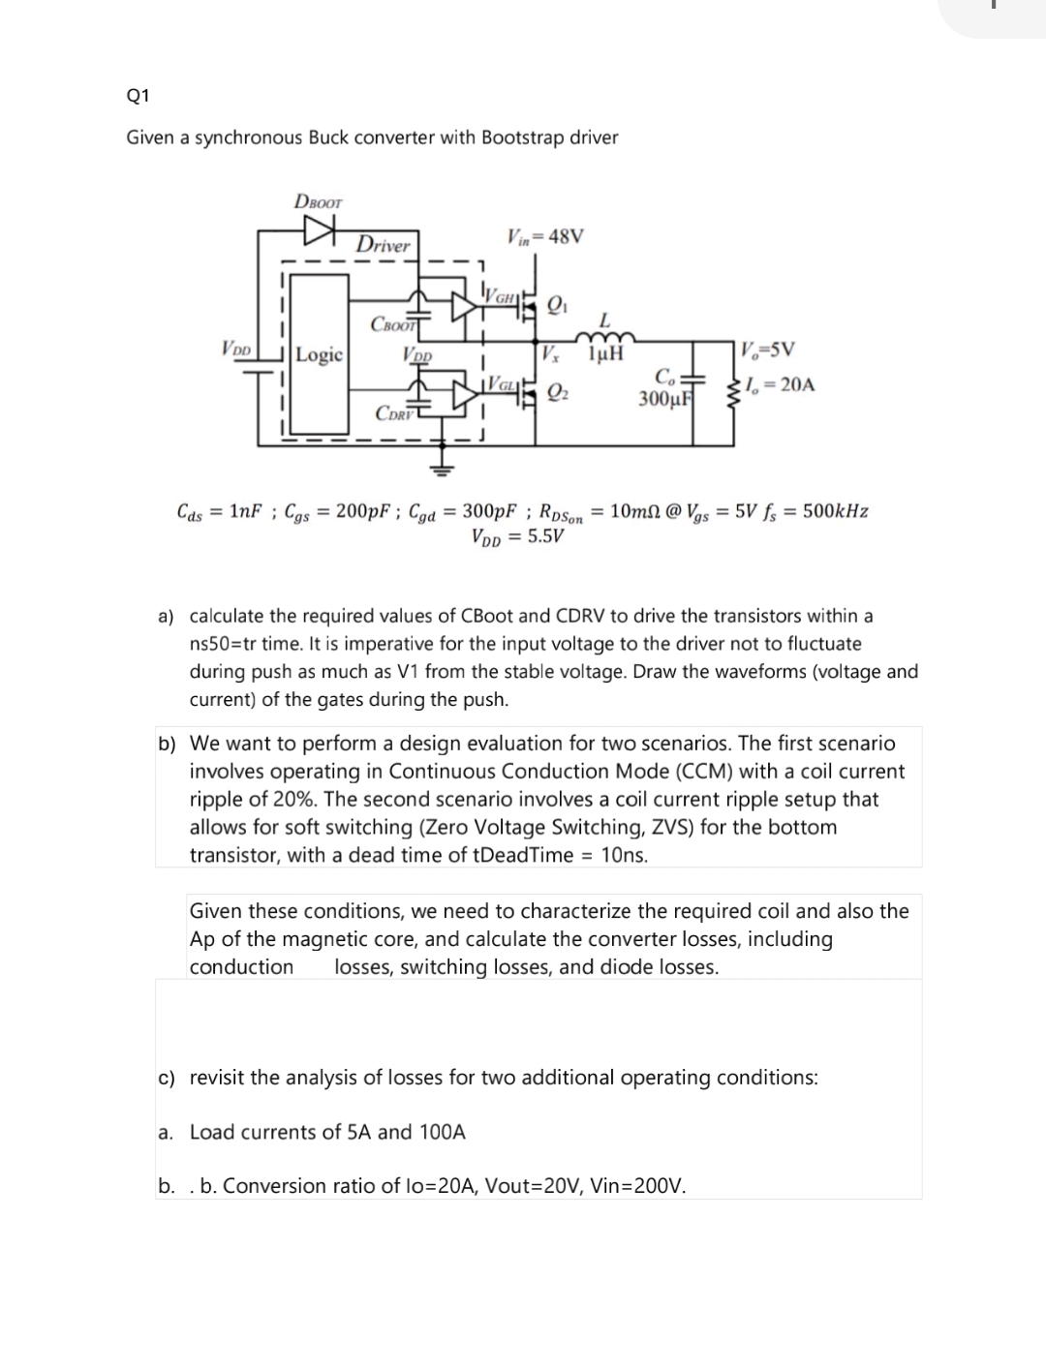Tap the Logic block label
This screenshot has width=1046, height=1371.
point(319,354)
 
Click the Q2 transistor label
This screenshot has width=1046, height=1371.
point(557,391)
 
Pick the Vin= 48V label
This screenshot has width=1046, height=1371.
point(545,236)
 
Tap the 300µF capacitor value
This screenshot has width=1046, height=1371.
point(663,398)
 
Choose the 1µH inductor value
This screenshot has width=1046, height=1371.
point(604,354)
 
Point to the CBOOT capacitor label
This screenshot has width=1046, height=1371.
point(392,323)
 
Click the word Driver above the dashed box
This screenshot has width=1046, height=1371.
point(383,245)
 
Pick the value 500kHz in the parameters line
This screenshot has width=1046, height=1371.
point(835,511)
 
